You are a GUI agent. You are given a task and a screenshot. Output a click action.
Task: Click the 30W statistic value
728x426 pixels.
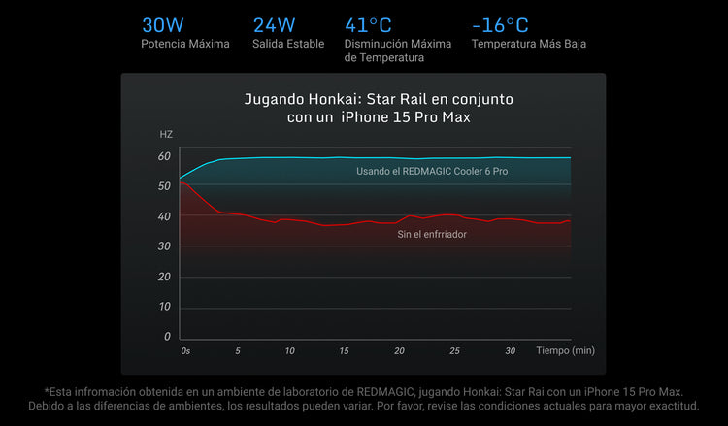coord(164,25)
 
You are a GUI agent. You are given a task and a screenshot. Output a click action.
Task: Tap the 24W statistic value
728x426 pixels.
coord(274,25)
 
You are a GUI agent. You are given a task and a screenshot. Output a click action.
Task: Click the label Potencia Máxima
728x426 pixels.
coord(185,44)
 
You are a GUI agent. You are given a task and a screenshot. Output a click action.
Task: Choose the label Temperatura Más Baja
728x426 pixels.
coord(528,44)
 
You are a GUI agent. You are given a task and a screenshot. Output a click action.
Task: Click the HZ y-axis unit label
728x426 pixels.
coord(166,133)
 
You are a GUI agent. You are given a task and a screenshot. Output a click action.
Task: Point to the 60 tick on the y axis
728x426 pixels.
coord(164,156)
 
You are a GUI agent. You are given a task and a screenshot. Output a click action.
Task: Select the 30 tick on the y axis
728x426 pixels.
coord(164,246)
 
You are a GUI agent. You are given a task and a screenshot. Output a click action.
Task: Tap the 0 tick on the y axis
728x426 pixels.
coord(167,337)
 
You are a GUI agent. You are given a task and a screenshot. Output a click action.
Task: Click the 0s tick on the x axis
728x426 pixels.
coord(185,350)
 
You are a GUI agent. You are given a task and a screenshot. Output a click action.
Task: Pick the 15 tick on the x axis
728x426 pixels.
coord(344,350)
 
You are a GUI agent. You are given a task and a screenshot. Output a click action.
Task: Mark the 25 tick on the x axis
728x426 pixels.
coord(454,350)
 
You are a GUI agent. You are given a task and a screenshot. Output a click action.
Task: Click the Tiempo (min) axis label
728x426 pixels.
coord(565,350)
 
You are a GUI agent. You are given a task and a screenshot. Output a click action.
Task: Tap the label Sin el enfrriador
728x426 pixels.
coord(431,234)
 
